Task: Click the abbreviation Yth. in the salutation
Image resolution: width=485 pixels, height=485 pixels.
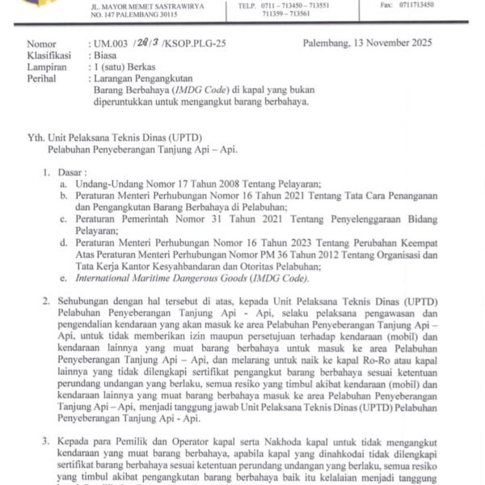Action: click(x=36, y=137)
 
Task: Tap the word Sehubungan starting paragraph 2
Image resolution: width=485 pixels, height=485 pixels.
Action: click(x=89, y=302)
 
